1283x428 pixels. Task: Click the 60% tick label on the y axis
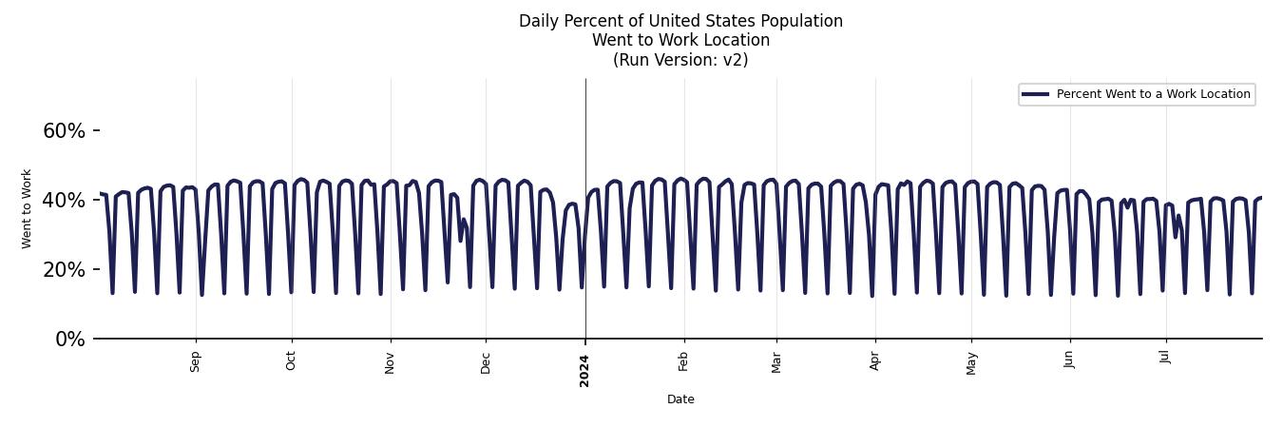pyautogui.click(x=64, y=131)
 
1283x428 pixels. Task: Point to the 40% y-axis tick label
pyautogui.click(x=64, y=201)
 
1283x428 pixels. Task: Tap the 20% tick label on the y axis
pyautogui.click(x=64, y=270)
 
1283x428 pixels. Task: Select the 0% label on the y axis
pyautogui.click(x=69, y=340)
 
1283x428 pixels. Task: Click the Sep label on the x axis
pyautogui.click(x=196, y=361)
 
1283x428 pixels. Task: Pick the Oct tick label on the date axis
pyautogui.click(x=292, y=361)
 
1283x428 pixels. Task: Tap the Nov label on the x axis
pyautogui.click(x=391, y=362)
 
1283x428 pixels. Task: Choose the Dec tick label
pyautogui.click(x=486, y=362)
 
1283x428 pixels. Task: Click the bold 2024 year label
pyautogui.click(x=585, y=370)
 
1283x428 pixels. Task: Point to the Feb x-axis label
pyautogui.click(x=683, y=361)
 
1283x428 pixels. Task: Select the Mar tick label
pyautogui.click(x=776, y=362)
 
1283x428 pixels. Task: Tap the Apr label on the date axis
pyautogui.click(x=875, y=361)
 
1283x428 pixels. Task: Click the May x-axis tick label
pyautogui.click(x=971, y=363)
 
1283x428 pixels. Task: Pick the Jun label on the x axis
pyautogui.click(x=1070, y=360)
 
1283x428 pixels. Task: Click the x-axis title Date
pyautogui.click(x=680, y=399)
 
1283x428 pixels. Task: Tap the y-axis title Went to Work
pyautogui.click(x=27, y=209)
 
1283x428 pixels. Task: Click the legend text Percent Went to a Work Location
pyautogui.click(x=1153, y=94)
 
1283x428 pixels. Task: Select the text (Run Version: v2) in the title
pyautogui.click(x=680, y=60)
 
